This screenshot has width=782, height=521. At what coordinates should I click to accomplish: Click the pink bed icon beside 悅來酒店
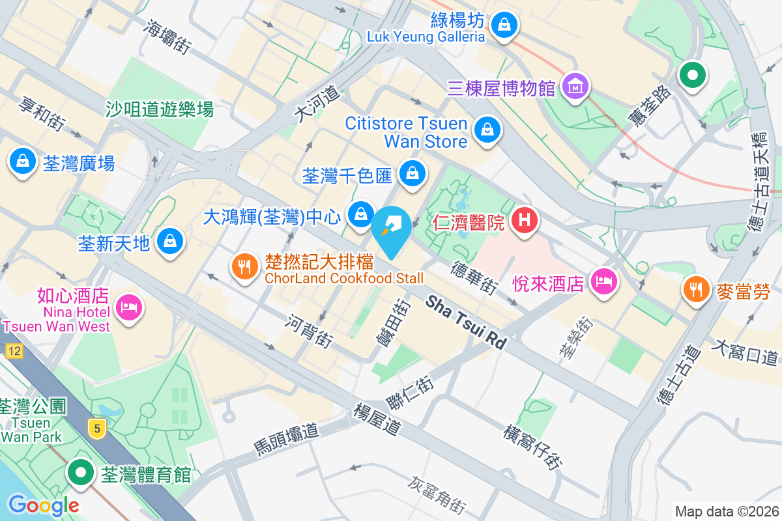604,281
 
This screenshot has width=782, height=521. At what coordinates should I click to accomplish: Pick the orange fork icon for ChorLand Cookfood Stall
244,266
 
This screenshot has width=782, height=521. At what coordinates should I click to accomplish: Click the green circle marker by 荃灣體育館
81,472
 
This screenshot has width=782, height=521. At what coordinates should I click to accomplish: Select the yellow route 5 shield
96,428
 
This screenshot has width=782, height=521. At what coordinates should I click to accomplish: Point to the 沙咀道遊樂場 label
160,109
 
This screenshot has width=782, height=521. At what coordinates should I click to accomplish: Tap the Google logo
43,505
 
